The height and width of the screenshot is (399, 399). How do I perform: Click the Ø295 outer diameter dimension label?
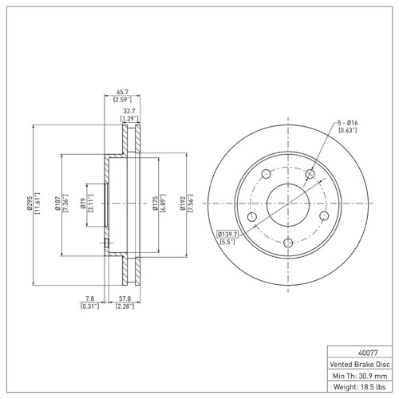coord(30,202)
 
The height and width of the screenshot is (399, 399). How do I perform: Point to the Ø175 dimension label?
coord(155,202)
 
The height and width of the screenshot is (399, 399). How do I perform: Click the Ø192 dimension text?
coord(182,202)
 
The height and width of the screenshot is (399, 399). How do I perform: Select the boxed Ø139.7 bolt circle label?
coord(231,233)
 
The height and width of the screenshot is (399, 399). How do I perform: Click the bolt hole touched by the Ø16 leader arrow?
coord(310,172)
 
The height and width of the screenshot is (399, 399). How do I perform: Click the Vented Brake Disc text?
coord(360,363)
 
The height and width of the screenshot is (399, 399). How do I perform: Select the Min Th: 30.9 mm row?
coord(360,375)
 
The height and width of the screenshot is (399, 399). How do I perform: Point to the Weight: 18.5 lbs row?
coord(360,388)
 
